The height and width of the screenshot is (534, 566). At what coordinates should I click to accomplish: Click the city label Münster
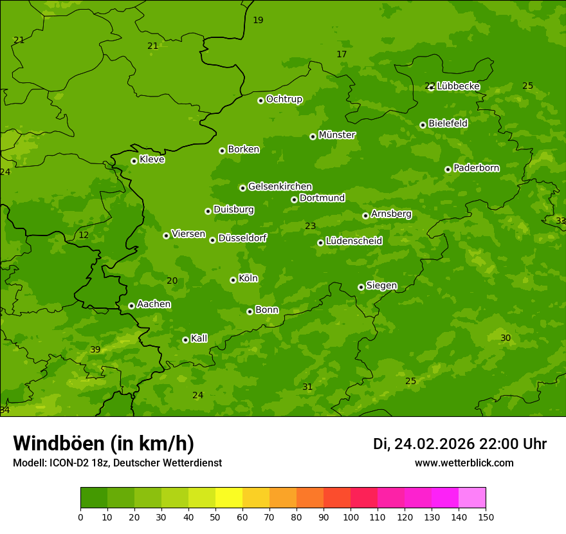(336, 135)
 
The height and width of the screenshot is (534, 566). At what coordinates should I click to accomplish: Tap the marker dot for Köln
(233, 280)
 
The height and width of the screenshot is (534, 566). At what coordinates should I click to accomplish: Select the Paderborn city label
(476, 168)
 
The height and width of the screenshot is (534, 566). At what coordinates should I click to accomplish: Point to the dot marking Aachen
(131, 306)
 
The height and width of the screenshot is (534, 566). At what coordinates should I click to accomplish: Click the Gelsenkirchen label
(280, 187)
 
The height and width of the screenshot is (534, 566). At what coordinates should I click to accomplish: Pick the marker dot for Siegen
(361, 287)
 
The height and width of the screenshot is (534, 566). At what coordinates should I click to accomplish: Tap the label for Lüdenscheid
(354, 241)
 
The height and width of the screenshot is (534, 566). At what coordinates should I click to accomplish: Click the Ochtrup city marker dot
(260, 100)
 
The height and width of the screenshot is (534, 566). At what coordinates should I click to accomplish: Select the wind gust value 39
(95, 349)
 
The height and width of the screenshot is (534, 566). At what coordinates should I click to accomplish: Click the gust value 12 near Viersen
(84, 235)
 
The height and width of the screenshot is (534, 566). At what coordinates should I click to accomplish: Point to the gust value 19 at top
(258, 21)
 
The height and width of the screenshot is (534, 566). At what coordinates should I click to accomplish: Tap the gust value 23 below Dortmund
(311, 226)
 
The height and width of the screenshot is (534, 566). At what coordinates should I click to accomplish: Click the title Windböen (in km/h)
(104, 443)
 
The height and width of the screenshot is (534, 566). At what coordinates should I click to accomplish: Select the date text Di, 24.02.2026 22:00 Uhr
(460, 444)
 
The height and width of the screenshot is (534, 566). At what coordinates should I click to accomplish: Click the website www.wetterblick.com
(464, 463)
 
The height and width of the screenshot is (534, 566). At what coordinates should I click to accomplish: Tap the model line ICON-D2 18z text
(117, 463)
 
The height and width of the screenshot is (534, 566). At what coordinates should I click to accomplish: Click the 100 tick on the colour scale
(351, 517)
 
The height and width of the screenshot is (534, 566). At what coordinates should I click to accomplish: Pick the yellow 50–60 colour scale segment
(229, 498)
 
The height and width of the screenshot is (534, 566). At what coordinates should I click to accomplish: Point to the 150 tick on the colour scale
(486, 517)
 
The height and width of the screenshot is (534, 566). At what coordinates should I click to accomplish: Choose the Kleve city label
(152, 160)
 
